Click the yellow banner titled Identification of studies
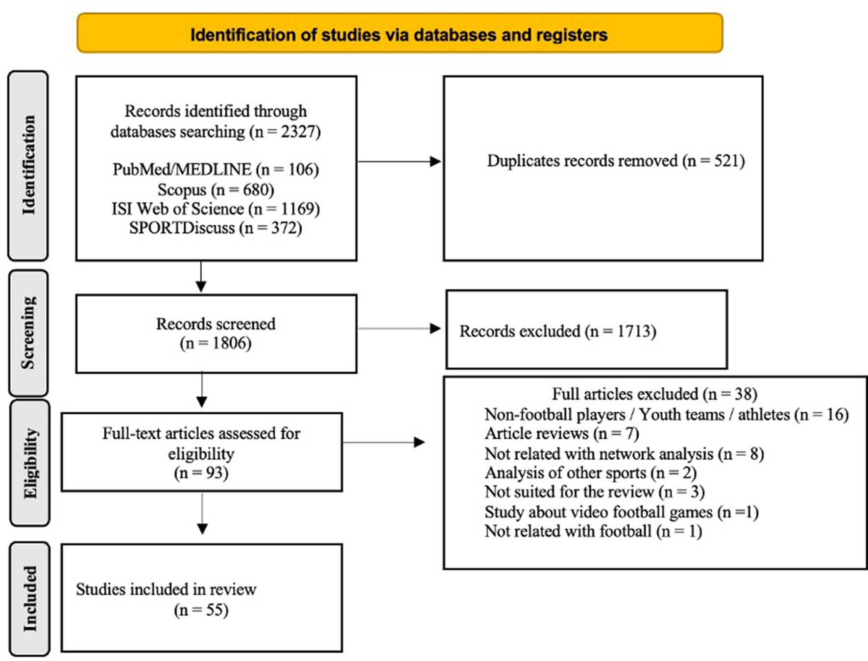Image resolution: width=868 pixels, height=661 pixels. click(x=399, y=34)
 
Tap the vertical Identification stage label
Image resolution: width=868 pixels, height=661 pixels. click(x=28, y=165)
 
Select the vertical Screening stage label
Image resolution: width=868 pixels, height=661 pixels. click(x=28, y=333)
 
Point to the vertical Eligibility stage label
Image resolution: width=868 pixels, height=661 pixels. click(x=29, y=463)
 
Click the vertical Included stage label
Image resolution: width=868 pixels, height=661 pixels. click(x=29, y=598)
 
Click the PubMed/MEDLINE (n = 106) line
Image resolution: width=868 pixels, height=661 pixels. click(x=216, y=169)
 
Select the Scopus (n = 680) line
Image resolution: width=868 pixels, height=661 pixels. click(x=216, y=189)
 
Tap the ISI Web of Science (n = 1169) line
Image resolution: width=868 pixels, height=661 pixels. click(x=216, y=209)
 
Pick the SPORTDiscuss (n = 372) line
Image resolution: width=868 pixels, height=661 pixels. click(x=216, y=228)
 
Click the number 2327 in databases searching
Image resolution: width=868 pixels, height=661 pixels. click(x=298, y=132)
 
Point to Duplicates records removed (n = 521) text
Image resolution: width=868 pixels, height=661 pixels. click(x=616, y=161)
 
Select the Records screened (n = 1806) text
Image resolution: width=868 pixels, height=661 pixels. click(x=216, y=333)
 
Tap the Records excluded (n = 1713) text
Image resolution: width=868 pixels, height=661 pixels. click(x=557, y=331)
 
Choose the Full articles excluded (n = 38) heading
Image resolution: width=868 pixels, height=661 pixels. click(x=654, y=394)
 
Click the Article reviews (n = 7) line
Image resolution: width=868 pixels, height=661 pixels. click(x=561, y=434)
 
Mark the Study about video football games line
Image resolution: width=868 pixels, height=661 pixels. click(x=621, y=512)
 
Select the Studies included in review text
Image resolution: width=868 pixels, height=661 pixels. click(x=166, y=590)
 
